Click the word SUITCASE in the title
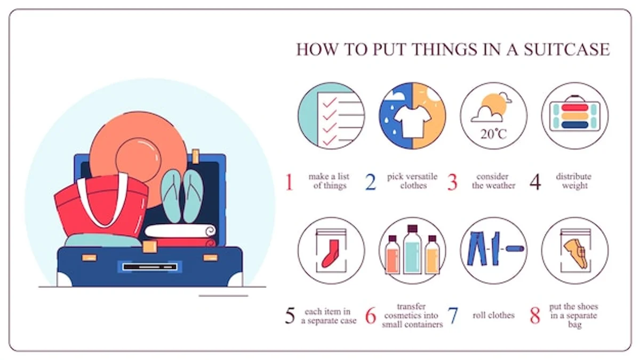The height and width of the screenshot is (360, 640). click(x=567, y=49)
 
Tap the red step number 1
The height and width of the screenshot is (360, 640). click(x=289, y=182)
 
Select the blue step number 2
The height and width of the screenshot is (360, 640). click(x=371, y=182)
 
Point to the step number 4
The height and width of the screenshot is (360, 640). click(x=535, y=182)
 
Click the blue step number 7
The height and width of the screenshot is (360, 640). click(x=453, y=315)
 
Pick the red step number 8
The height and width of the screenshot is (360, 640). click(x=535, y=315)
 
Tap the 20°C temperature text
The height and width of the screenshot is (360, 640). click(x=493, y=134)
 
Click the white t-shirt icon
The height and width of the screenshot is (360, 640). click(x=413, y=122)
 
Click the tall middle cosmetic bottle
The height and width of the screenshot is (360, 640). click(x=412, y=250)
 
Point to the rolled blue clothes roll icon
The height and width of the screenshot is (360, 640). click(x=515, y=249)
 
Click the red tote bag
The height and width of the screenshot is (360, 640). click(x=101, y=204)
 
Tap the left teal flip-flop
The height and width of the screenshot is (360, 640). click(x=171, y=196)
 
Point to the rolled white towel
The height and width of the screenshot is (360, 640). click(x=180, y=231)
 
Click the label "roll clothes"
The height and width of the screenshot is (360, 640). click(x=493, y=315)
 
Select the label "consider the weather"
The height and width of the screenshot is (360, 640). click(x=493, y=181)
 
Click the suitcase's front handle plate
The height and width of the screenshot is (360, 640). click(x=150, y=267)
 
